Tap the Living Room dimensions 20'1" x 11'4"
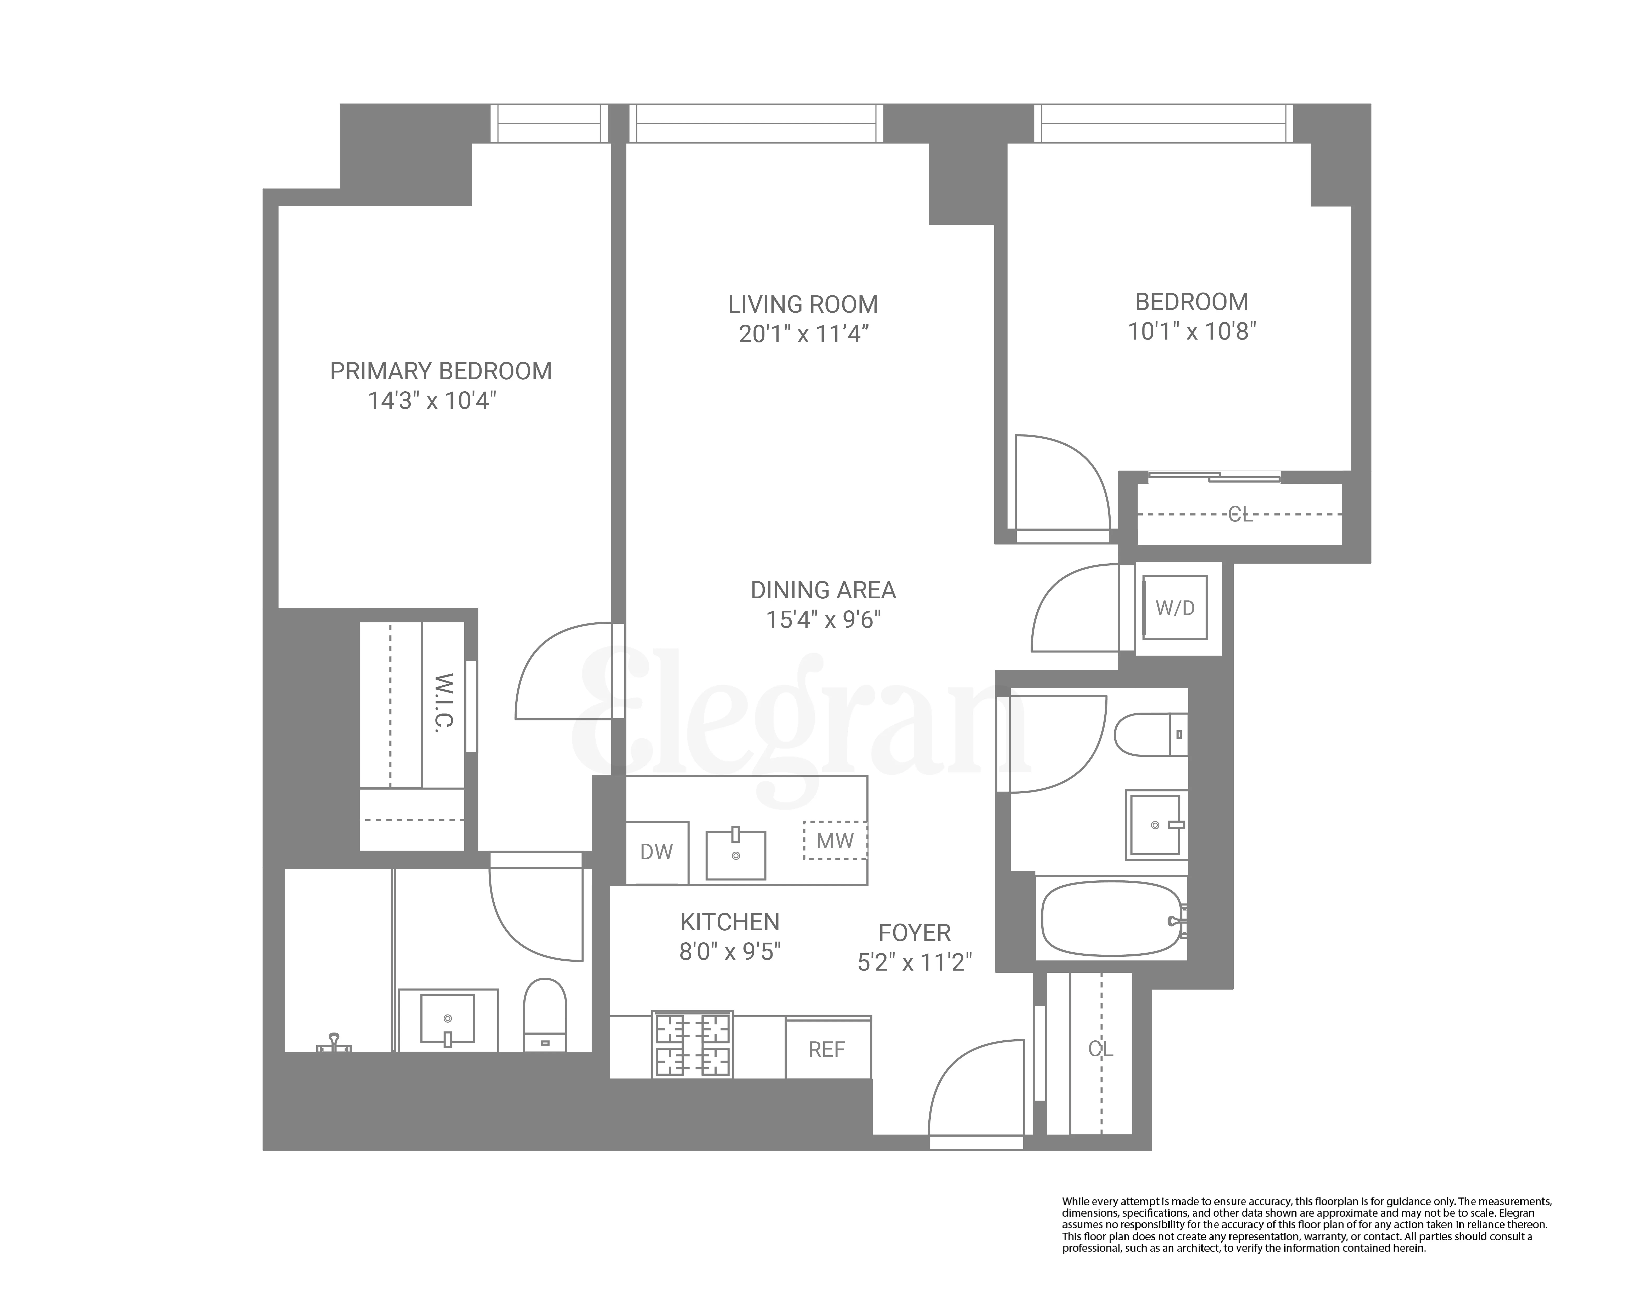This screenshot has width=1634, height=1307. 803,334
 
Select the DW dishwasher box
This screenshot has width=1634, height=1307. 656,852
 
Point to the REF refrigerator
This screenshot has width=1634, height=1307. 827,1049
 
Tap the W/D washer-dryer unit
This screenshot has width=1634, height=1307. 1175,608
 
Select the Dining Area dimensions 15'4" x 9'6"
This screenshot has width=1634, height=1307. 823,620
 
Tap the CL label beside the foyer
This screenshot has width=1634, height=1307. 1100,1049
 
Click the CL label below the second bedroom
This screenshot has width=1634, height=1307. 1240,515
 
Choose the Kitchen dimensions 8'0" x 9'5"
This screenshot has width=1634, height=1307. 730,952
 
